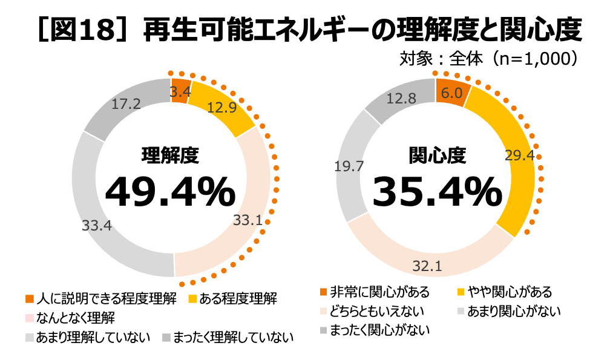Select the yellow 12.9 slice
[x=221, y=108]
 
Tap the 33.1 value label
[x=248, y=220]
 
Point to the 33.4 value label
[x=96, y=225]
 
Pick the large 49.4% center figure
[x=171, y=192]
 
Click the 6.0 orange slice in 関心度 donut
[x=451, y=93]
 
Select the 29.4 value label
[x=519, y=155]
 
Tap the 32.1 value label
[x=427, y=266]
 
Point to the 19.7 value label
[x=349, y=166]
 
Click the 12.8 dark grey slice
[x=401, y=99]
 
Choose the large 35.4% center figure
[x=438, y=192]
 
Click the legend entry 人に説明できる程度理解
[x=100, y=298]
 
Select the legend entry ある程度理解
[x=232, y=298]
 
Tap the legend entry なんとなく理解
[x=70, y=318]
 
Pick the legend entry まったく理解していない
[x=228, y=338]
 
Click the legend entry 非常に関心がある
[x=375, y=292]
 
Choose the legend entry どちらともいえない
[x=372, y=311]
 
